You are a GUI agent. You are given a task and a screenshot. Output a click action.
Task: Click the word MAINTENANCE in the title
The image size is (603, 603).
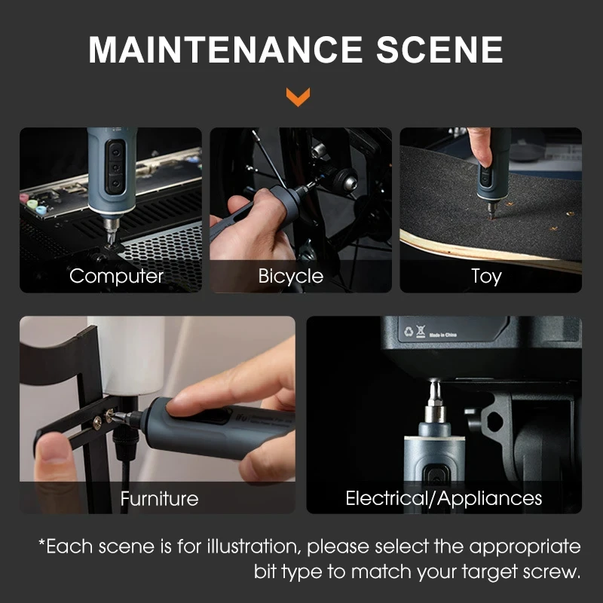225,50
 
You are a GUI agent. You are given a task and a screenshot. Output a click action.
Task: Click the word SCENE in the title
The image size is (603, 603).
439,50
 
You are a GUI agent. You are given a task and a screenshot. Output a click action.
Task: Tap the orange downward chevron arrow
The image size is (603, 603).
298,96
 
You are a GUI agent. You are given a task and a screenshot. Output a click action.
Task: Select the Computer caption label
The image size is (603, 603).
117,276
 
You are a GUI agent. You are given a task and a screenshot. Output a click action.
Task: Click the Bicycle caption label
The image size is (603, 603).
291,276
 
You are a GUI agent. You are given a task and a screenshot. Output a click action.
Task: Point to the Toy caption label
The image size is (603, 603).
486,276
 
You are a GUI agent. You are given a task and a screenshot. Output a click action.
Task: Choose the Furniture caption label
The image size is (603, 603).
159,499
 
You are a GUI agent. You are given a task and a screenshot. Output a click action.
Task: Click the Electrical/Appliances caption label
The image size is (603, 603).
444,498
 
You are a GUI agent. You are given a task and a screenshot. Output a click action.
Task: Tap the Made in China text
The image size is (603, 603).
443,335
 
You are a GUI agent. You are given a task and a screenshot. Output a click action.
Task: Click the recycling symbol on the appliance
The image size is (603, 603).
409,331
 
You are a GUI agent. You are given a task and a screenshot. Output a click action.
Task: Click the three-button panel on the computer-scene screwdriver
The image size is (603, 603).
115,167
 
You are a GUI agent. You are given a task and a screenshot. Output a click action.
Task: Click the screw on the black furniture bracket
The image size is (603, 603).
97,423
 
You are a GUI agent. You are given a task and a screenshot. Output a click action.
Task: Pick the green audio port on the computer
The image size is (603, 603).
32,204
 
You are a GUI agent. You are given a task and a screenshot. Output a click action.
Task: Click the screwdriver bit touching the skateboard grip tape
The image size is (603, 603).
492,211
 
